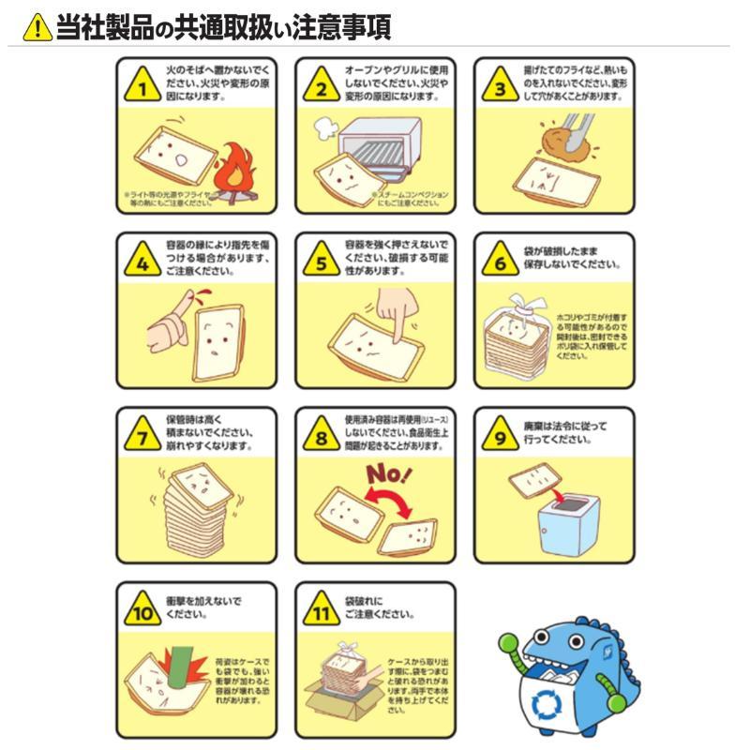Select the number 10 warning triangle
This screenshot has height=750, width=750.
142,614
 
